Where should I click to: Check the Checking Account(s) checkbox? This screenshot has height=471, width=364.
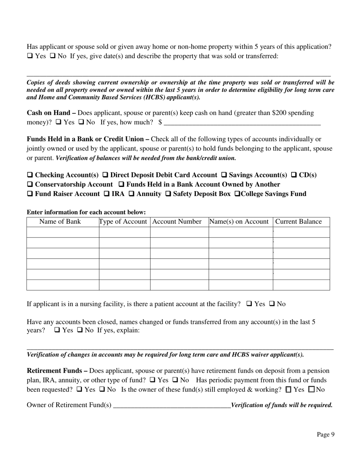point(30,175)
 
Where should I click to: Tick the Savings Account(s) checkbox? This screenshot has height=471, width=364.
point(224,175)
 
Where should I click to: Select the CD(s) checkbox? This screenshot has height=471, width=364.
point(293,175)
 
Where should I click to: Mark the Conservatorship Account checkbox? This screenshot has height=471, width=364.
point(30,185)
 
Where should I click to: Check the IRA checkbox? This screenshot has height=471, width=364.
point(107,194)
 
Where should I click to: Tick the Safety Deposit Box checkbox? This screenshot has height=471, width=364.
point(168,194)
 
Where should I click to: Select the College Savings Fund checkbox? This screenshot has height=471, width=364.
point(237,194)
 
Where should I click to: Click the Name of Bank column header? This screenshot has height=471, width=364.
point(60,222)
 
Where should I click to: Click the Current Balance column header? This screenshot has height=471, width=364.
point(298,222)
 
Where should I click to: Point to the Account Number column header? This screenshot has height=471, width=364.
point(177,222)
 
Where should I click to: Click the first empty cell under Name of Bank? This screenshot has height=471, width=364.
point(63,232)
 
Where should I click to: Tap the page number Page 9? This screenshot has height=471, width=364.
point(325,434)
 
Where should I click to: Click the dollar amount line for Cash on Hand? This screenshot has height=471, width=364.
point(242,123)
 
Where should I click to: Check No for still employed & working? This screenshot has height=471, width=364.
point(311,390)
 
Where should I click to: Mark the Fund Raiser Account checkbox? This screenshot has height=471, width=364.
point(30,194)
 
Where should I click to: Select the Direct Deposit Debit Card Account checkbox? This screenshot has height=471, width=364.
point(105,175)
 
